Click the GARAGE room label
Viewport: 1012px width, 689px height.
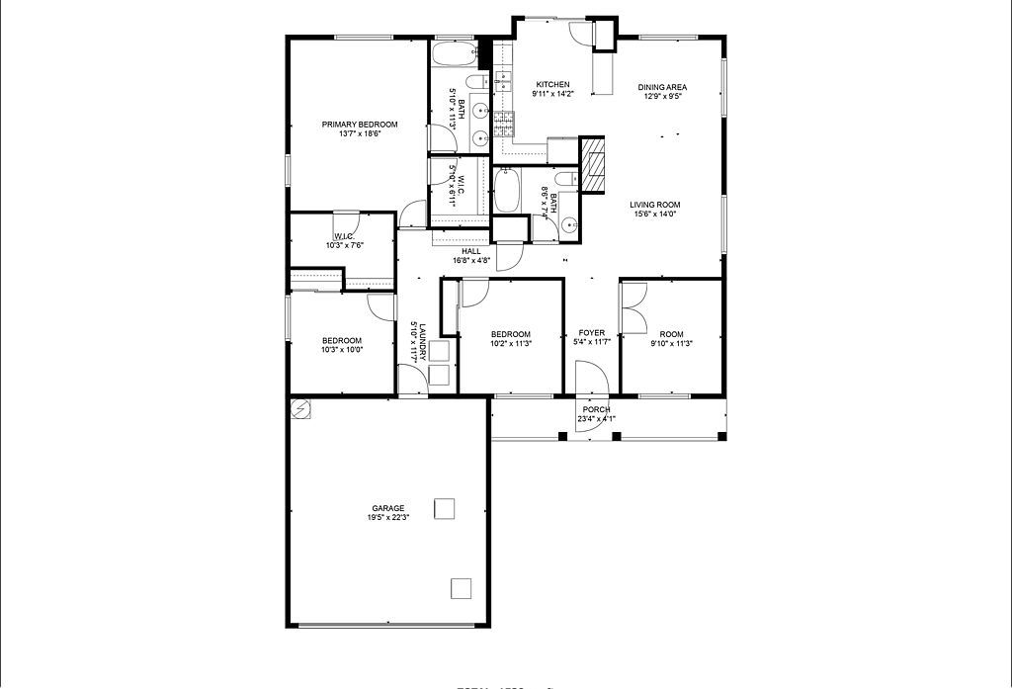point(387,508)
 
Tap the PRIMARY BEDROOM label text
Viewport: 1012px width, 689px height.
point(359,125)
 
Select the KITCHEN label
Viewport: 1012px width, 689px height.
point(552,84)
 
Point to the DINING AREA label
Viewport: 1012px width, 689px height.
point(661,87)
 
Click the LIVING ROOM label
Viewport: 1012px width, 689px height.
point(655,205)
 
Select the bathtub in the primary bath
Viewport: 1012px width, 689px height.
point(455,51)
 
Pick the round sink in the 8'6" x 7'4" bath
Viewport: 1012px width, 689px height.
point(570,226)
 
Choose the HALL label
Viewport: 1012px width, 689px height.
point(470,251)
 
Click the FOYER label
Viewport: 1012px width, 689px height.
point(591,333)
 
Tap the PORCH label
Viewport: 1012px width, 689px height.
point(596,409)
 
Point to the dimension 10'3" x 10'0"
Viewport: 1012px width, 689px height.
point(342,349)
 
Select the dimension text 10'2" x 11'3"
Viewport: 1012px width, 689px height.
point(511,344)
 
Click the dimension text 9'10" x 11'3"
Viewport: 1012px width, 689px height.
point(671,344)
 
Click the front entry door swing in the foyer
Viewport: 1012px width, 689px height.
point(589,378)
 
